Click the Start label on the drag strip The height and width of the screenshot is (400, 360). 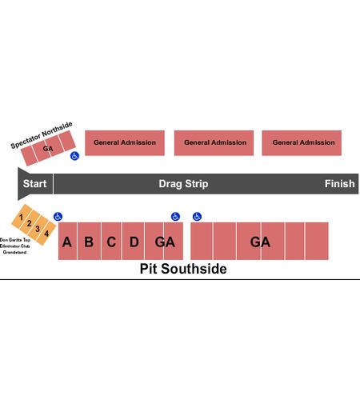pos(34,184)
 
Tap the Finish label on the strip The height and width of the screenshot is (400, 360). pos(339,184)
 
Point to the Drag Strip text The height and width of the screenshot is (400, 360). pos(183,184)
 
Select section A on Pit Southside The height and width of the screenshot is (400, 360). pos(67,241)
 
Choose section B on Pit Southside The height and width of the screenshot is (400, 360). pos(89,241)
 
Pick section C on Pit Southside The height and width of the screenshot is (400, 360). pos(111,241)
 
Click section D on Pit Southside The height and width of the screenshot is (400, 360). pos(134,241)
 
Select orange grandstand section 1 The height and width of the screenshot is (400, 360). pos(22,216)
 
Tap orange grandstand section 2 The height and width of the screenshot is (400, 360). pos(30,222)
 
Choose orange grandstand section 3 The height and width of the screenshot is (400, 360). pos(38,228)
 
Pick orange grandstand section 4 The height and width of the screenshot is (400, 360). pos(46,234)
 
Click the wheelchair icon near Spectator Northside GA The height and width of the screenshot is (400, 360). pos(74,156)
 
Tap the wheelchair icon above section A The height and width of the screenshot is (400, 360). pos(58,217)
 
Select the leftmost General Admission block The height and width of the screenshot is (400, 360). pos(125,143)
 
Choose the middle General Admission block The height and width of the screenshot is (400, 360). pos(214,143)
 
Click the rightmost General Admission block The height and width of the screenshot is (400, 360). pos(302,143)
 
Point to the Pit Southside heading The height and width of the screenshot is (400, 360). pos(183,269)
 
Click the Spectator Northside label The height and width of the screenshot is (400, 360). pos(42,135)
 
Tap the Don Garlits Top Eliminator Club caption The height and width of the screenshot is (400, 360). pos(15,246)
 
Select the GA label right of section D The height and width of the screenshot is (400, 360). pos(165,242)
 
